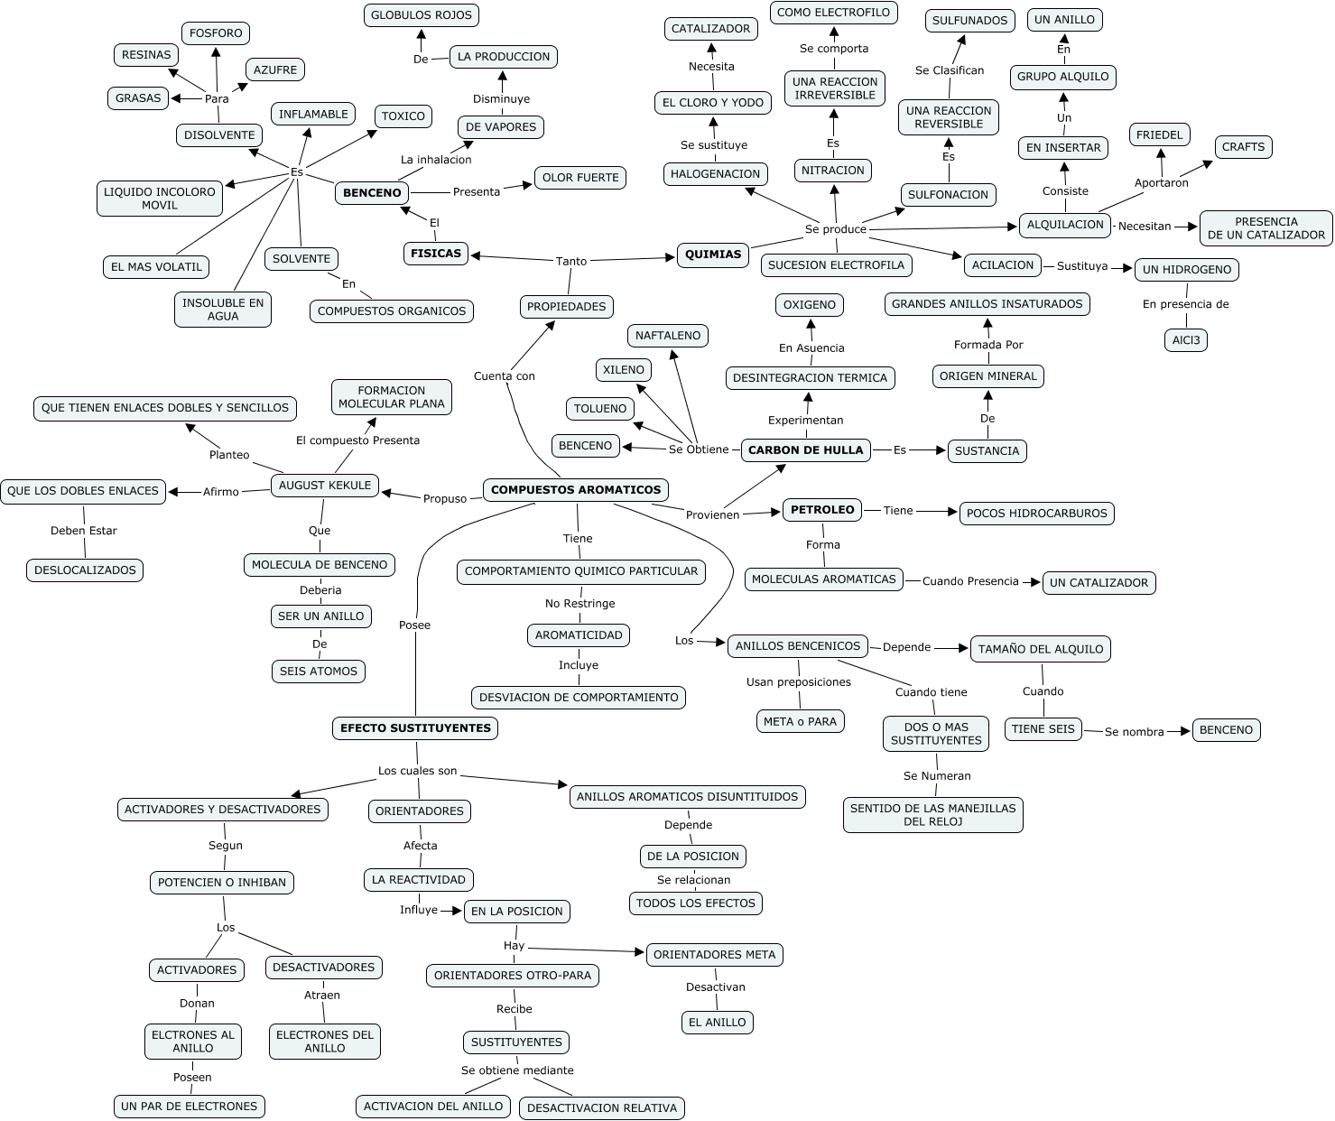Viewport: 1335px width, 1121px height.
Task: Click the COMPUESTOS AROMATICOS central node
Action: [576, 490]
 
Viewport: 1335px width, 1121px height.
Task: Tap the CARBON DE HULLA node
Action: [806, 450]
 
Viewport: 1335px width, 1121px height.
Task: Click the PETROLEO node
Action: [822, 510]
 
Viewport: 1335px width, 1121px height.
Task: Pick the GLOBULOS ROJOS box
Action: [422, 15]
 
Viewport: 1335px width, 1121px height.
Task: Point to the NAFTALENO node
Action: [668, 336]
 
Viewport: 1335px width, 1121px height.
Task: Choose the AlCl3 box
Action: [1185, 340]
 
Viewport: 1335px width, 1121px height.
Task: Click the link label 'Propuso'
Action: [445, 498]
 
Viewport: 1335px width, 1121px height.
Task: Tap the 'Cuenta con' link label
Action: [505, 376]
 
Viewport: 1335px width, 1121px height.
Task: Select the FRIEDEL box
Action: [1159, 135]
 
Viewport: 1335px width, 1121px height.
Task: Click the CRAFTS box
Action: [1243, 147]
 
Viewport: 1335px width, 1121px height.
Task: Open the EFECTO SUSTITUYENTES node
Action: [415, 728]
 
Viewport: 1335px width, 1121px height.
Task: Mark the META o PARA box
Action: [800, 721]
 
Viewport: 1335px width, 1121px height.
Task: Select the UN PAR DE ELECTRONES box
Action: [189, 1107]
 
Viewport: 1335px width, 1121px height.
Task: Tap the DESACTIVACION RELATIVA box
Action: [601, 1108]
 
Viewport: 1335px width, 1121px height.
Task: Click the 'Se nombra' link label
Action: [1134, 732]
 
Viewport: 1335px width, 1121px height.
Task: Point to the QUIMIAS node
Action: [713, 255]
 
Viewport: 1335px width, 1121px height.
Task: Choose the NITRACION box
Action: [832, 171]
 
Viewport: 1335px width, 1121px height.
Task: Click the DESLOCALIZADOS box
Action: [85, 570]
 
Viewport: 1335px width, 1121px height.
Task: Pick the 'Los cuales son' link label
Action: [417, 771]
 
